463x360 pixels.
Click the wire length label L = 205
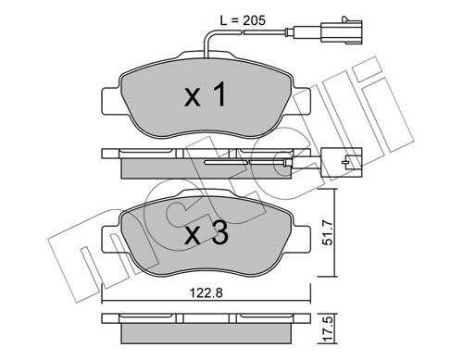(243, 20)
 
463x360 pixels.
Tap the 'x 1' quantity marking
(206, 95)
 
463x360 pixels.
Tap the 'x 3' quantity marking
(206, 233)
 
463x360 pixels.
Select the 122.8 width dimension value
(206, 292)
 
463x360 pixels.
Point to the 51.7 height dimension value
(329, 232)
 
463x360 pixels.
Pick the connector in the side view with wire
(342, 162)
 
